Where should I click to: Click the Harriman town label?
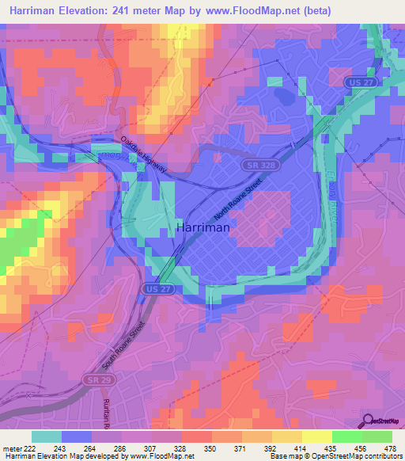202,227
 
